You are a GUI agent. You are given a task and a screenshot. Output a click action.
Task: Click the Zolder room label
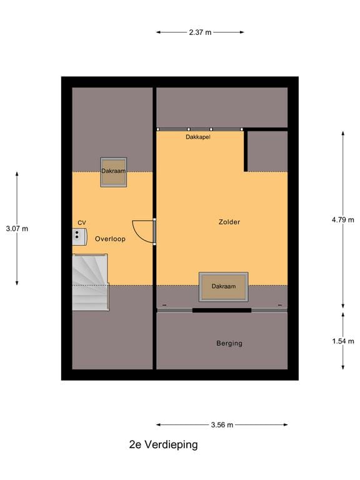[x=229, y=222]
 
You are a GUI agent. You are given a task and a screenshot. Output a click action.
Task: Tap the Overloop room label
[x=111, y=239]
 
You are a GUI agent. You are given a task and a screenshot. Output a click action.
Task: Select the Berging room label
[x=229, y=343]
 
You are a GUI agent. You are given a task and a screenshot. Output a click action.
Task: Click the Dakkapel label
[x=198, y=136]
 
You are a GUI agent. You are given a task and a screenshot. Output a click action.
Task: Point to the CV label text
[x=82, y=222]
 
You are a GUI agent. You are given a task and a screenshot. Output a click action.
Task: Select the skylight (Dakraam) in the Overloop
[x=114, y=172]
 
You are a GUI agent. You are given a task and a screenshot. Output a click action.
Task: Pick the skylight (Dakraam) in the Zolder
[x=223, y=287]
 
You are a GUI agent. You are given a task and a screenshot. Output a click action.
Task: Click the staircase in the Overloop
[x=90, y=282]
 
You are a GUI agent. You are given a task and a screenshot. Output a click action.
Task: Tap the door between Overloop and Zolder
[x=145, y=232]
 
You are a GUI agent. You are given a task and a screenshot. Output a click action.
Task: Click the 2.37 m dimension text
[x=200, y=32]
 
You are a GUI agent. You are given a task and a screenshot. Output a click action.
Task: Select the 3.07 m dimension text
[x=17, y=229]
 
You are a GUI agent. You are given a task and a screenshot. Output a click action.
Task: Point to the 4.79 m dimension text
[x=342, y=219]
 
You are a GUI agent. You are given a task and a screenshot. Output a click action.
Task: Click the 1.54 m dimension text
[x=342, y=341]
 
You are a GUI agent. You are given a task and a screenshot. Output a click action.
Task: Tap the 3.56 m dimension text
[x=222, y=425]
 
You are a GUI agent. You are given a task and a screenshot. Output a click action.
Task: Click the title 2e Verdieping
[x=163, y=445]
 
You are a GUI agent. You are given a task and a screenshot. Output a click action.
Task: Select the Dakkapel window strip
[x=199, y=129]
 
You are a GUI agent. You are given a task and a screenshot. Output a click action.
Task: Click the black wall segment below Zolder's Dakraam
[x=222, y=310]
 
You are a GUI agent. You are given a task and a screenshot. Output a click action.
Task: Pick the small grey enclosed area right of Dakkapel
[x=268, y=151]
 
